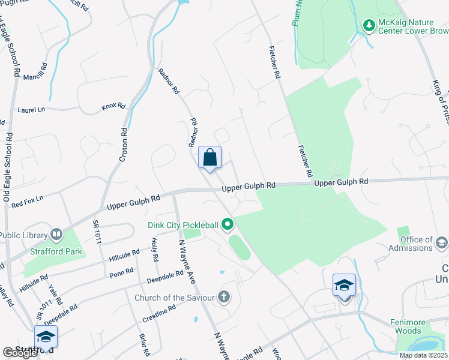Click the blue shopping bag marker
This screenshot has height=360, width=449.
pos(210,158)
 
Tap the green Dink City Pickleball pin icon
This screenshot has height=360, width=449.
pos(228,226)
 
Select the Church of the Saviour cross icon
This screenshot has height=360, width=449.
pos(224,296)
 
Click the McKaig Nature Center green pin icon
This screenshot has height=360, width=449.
pos(369,25)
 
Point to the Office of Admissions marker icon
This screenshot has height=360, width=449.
pos(442,243)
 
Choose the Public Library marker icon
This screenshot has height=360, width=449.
pos(56,233)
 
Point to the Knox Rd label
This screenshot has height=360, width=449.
pos(113,107)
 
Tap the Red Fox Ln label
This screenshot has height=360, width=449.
pos(28,199)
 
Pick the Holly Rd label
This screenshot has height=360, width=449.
pos(155,250)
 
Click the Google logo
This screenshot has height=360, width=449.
pos(20,353)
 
